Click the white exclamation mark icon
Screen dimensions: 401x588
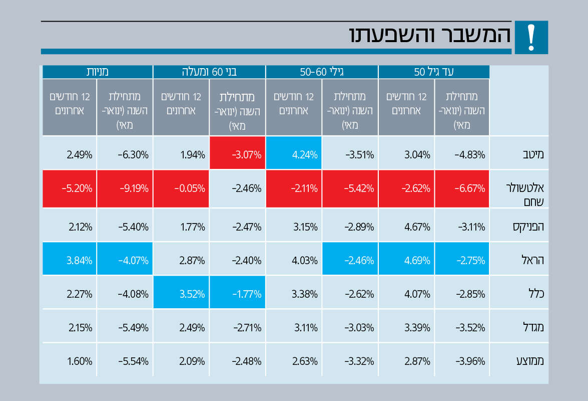click(531, 37)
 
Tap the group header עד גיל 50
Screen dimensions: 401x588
click(434, 72)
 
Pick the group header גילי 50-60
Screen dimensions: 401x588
click(322, 72)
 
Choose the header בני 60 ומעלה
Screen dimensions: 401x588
click(209, 72)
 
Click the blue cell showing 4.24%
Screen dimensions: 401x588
click(294, 153)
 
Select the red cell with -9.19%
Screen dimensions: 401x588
click(125, 188)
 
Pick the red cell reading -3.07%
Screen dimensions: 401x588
click(238, 153)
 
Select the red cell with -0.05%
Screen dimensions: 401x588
click(181, 188)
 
